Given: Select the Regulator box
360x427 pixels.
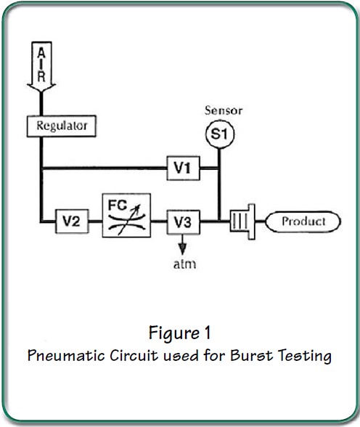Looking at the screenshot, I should (x=62, y=126).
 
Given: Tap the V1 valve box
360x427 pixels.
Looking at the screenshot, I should (x=182, y=168).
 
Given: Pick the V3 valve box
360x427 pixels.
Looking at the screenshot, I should (x=182, y=221).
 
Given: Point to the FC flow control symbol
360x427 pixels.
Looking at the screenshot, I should (x=128, y=215).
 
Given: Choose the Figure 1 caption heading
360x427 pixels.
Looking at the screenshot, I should (x=180, y=333).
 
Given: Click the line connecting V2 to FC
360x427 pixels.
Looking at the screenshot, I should (x=96, y=221).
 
